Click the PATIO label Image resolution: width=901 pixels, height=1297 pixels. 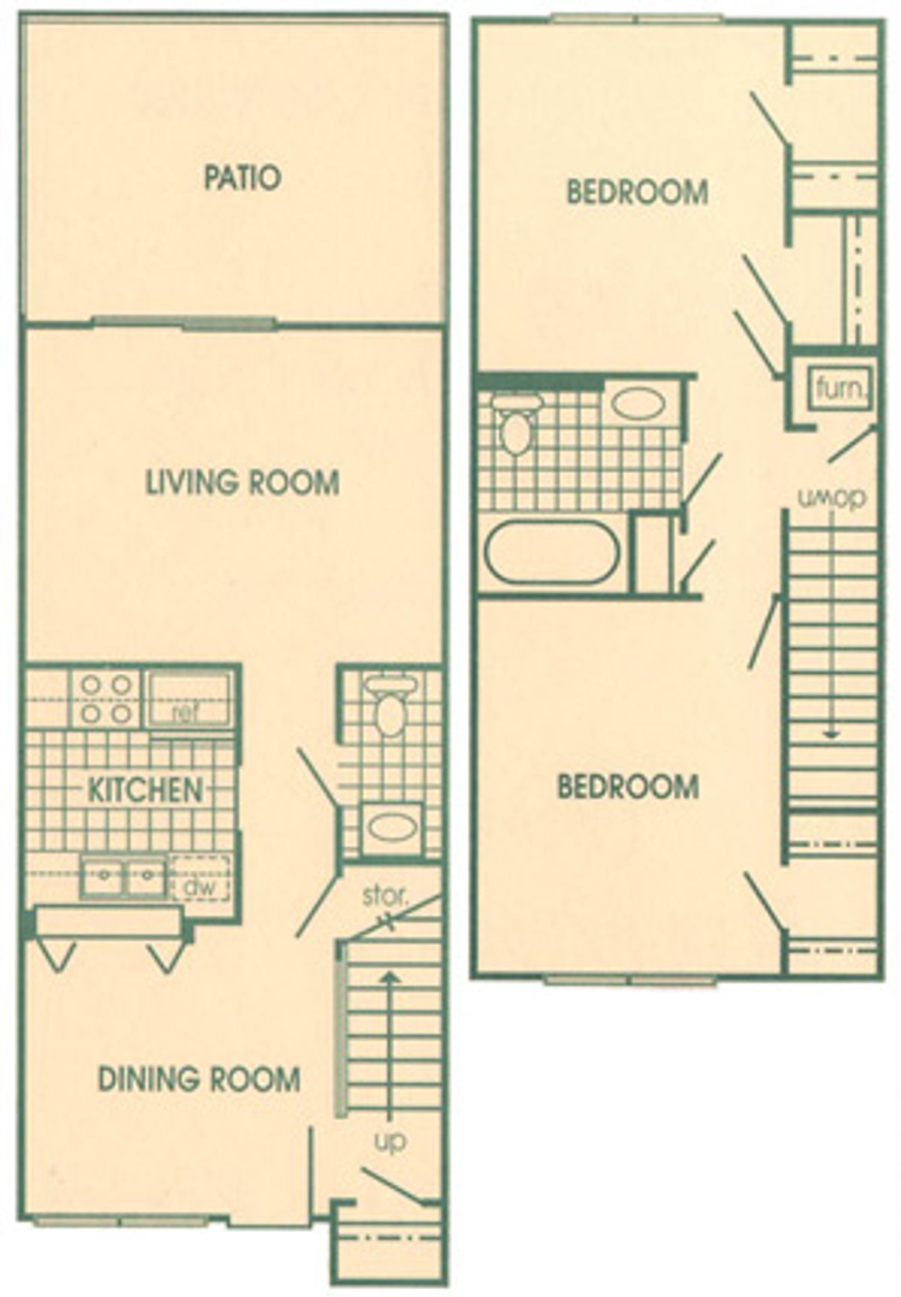(x=242, y=178)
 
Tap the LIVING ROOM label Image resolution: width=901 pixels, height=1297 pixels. (x=242, y=483)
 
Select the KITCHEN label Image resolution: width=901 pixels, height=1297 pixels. (x=146, y=790)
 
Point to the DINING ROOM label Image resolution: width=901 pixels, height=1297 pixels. (x=199, y=1079)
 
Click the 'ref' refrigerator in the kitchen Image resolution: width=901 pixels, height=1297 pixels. (x=190, y=701)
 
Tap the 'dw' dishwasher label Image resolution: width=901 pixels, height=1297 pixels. (x=201, y=886)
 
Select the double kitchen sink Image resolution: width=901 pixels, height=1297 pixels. (x=124, y=878)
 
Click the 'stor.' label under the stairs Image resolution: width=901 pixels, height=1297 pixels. (x=385, y=896)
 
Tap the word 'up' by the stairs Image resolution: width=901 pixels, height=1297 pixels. (x=390, y=1141)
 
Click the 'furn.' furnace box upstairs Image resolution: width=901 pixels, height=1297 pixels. (x=840, y=388)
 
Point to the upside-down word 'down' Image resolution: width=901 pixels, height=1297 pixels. (x=831, y=498)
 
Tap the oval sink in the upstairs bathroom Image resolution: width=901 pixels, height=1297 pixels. (x=638, y=404)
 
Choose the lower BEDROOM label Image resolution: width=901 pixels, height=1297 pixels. (x=628, y=787)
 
